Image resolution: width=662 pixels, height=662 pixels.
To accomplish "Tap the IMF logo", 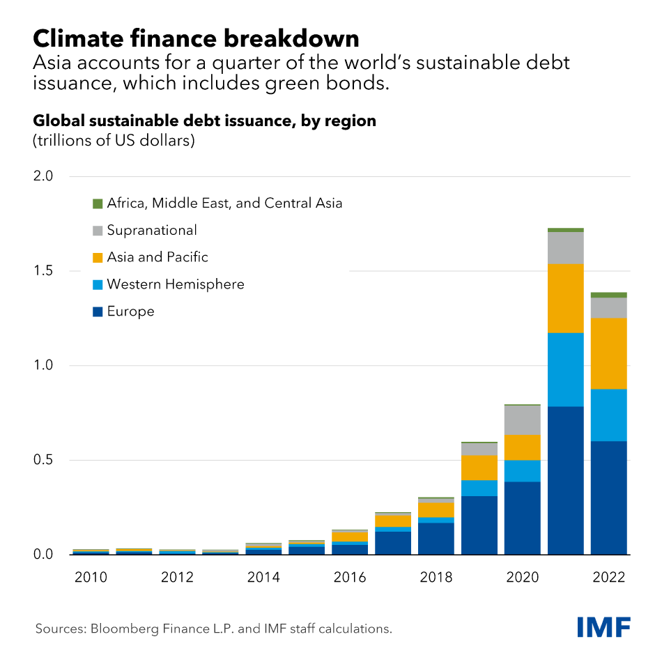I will (x=603, y=626).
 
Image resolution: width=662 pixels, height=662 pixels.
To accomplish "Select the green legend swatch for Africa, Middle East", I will (x=98, y=203).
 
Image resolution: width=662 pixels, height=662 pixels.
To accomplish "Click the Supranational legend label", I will (x=152, y=230).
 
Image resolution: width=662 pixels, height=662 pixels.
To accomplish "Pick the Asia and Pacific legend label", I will (x=157, y=257).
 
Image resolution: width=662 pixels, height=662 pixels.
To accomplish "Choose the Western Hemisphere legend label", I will (x=176, y=284).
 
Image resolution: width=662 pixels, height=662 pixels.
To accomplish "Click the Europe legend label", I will (x=130, y=311).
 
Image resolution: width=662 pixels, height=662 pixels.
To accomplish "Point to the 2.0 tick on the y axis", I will (x=43, y=176).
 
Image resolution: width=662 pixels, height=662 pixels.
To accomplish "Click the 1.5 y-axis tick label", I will (x=43, y=271).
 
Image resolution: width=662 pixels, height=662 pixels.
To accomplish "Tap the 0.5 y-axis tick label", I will (x=43, y=461).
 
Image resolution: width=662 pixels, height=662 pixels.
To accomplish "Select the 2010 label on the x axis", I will (x=90, y=577).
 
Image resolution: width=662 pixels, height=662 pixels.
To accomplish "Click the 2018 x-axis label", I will (x=436, y=577).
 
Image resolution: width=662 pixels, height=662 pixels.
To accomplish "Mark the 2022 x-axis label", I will (x=608, y=577).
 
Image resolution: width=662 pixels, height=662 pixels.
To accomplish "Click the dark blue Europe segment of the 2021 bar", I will (x=566, y=481).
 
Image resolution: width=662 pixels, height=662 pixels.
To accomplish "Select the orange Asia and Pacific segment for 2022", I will (x=609, y=353).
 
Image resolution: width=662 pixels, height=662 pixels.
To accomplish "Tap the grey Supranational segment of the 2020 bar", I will (x=523, y=420).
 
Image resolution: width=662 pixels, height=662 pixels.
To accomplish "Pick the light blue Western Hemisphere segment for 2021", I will (x=566, y=369).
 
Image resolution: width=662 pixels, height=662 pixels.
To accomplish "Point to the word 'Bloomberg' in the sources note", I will (x=118, y=629).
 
